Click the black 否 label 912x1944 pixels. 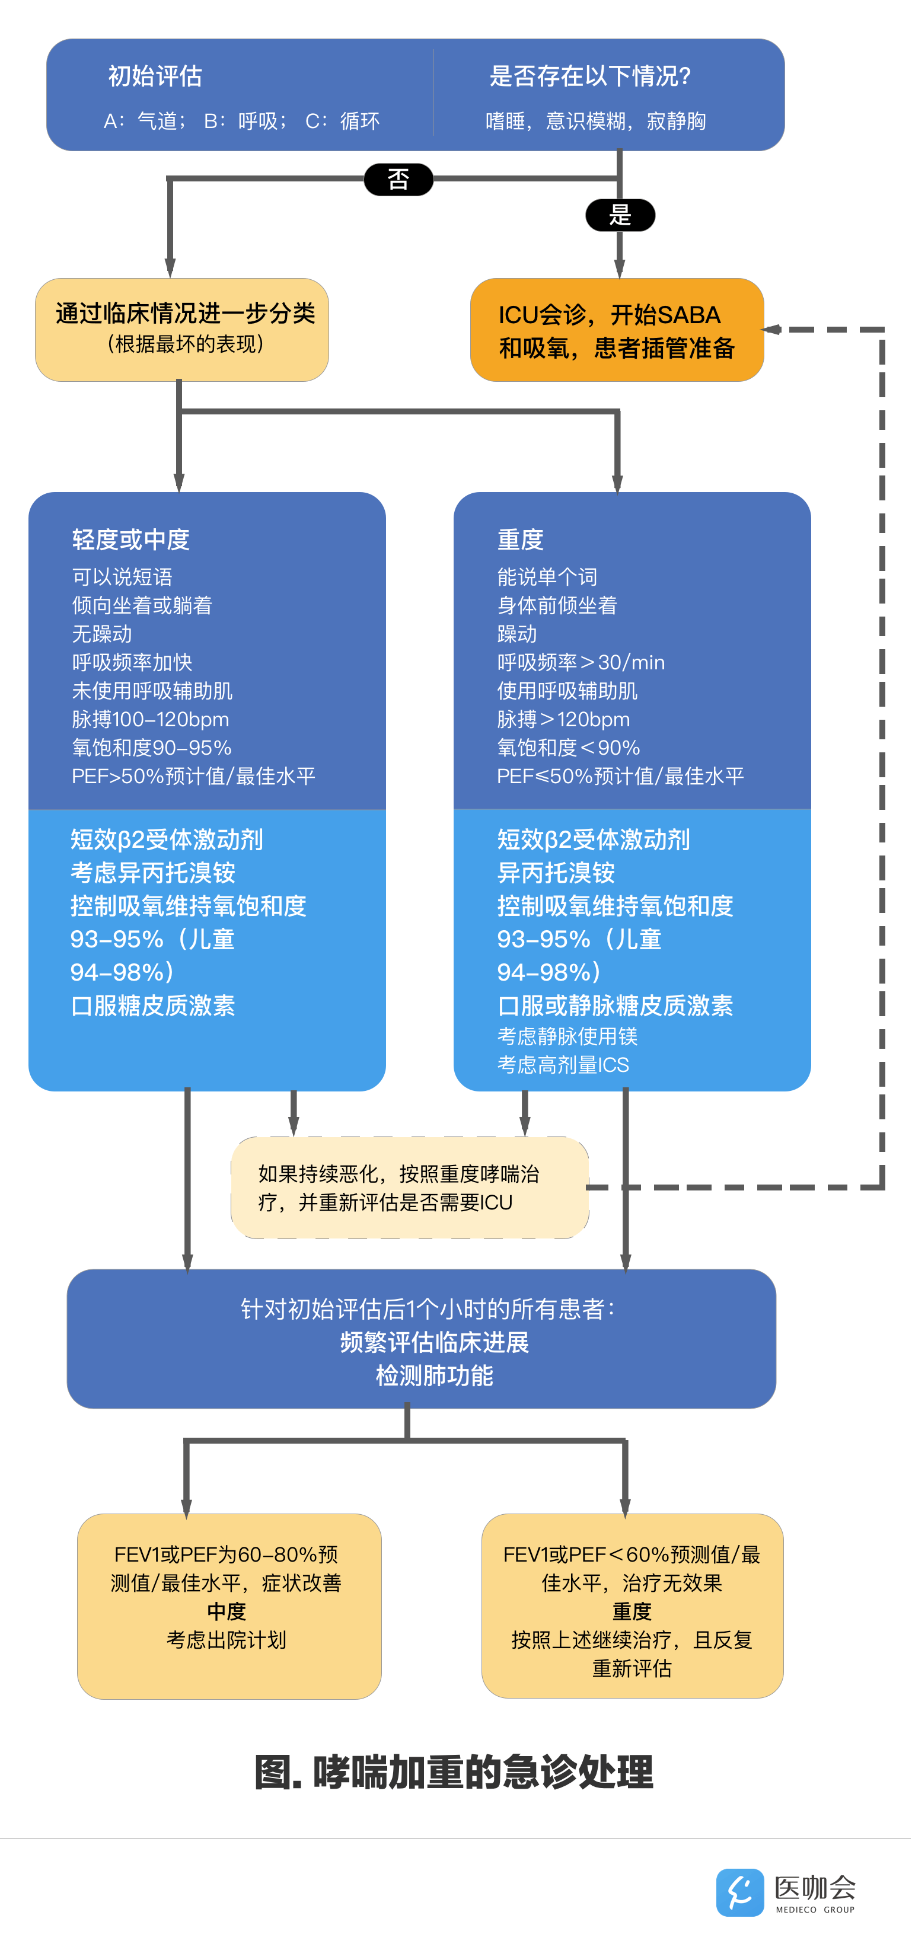click(x=398, y=180)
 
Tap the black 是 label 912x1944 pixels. click(x=620, y=216)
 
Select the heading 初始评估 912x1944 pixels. click(x=155, y=76)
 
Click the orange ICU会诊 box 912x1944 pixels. click(x=616, y=331)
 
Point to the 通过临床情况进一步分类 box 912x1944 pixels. click(x=182, y=330)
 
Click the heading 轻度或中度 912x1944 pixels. click(x=130, y=540)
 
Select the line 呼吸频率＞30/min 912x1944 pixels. click(x=581, y=663)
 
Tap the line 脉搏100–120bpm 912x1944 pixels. click(x=150, y=719)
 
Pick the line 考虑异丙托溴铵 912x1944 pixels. click(x=153, y=873)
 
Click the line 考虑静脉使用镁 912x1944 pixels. click(x=567, y=1037)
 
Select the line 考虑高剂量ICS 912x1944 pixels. click(x=563, y=1065)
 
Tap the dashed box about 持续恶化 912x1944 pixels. click(x=409, y=1188)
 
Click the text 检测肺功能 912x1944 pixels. click(x=434, y=1376)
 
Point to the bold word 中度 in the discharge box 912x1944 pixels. click(x=227, y=1612)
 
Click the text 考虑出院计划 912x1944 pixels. click(x=227, y=1640)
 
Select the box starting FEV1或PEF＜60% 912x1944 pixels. click(x=632, y=1606)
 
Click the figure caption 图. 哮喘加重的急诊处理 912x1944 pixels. click(x=454, y=1772)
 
